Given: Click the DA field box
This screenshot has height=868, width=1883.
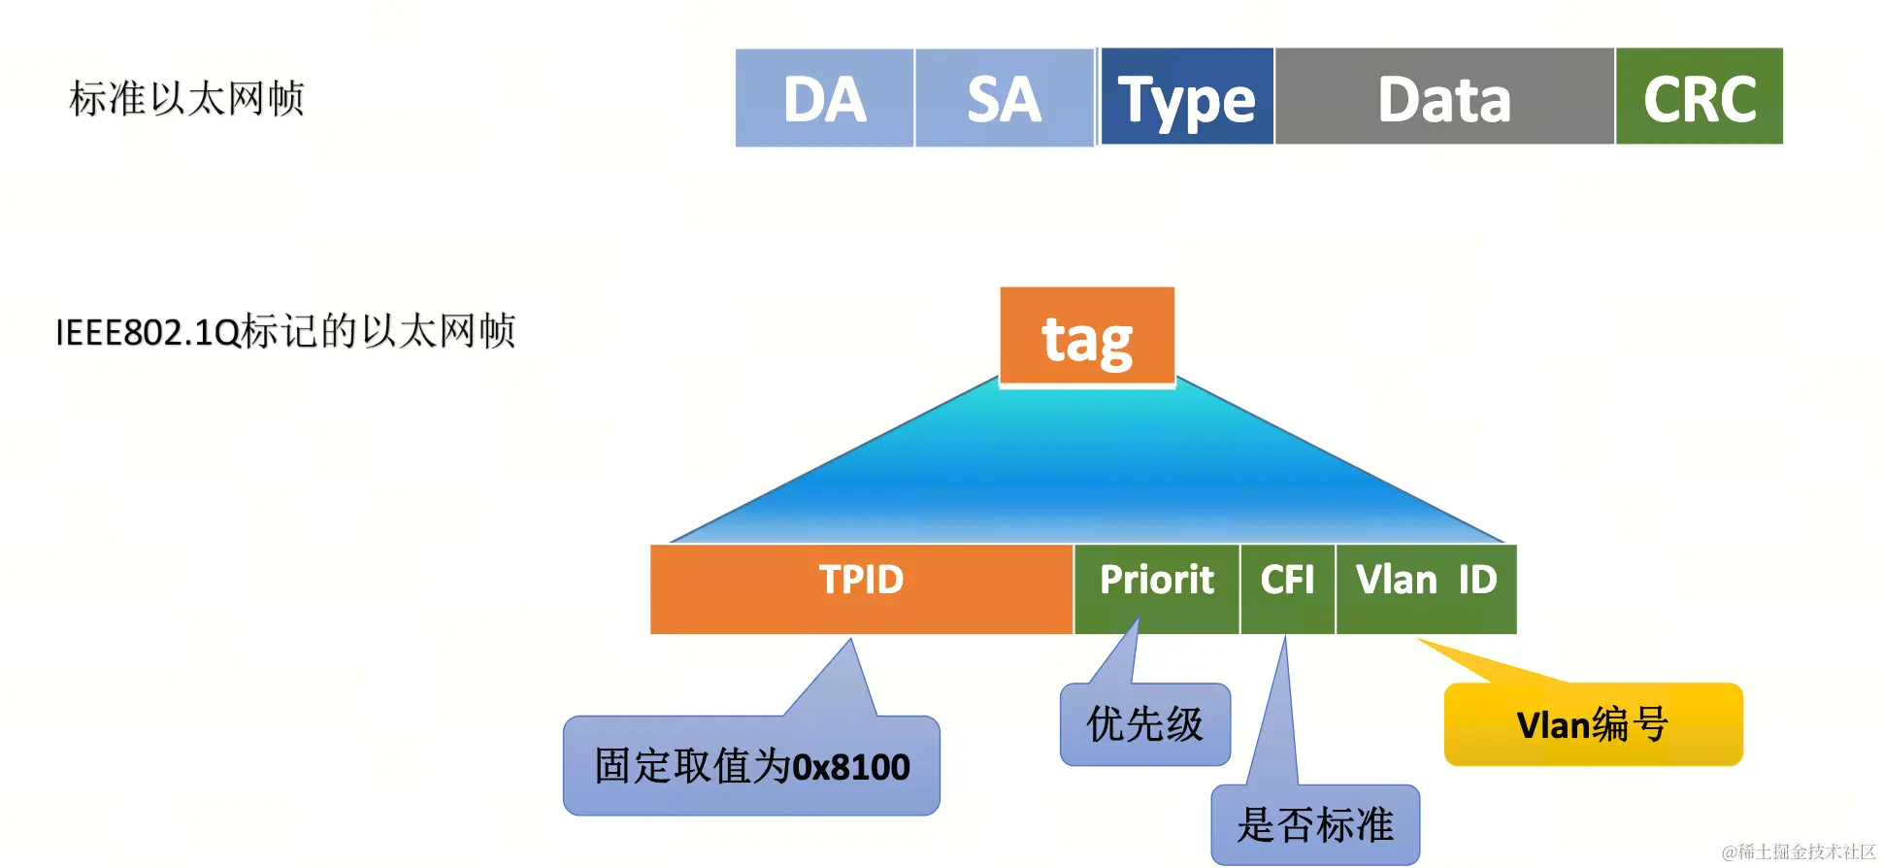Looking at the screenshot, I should pos(824,98).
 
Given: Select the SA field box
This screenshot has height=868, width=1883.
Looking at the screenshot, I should pos(1004,98).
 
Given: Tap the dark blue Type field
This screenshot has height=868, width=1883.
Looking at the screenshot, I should pos(1186,97).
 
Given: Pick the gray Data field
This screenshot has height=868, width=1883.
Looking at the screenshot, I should pos(1444,97).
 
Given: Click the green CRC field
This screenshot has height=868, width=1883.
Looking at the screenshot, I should pos(1699,97).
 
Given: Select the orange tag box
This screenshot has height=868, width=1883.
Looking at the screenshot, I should pos(1087,337).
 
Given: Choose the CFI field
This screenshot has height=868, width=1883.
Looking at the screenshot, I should pos(1287,588).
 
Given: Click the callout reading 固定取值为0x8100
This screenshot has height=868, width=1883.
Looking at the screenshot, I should pos(751,766).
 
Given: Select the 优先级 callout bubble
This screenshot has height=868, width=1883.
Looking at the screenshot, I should pos(1145,724).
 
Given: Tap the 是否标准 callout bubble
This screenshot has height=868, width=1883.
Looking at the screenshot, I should pos(1315,824).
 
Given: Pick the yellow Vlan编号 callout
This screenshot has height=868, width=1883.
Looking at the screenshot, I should pos(1593,724).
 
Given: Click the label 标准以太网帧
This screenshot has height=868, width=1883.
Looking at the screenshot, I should pos(187,99).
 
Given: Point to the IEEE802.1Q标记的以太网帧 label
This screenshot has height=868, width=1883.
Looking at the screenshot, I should pos(285,332).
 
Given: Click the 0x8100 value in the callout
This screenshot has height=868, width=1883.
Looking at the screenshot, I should pos(851,767).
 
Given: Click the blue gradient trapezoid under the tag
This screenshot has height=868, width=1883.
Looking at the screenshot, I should pos(1087,466).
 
